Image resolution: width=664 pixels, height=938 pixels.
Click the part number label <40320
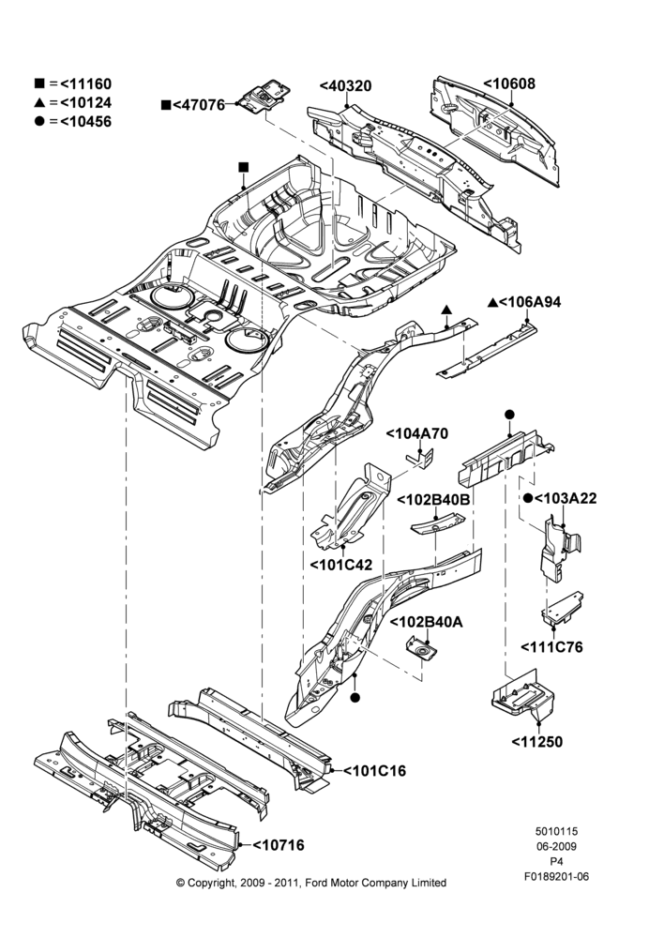[x=345, y=86]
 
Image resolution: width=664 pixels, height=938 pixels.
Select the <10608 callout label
[x=509, y=83]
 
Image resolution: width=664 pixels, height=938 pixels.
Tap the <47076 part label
[x=199, y=105]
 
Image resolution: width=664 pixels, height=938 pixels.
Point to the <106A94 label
[x=530, y=302]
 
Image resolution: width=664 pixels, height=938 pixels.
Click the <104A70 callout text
[x=417, y=433]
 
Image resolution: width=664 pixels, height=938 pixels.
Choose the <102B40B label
[x=433, y=500]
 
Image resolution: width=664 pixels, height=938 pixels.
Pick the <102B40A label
[x=427, y=622]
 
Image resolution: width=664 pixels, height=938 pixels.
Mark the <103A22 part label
[x=566, y=498]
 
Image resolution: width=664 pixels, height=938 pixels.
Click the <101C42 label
[x=341, y=565]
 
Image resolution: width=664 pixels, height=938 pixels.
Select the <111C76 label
[x=551, y=647]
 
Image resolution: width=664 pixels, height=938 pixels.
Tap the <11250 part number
[x=537, y=742]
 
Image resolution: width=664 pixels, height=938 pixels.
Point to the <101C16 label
[x=374, y=771]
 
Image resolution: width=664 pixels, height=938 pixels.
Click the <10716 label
[x=279, y=845]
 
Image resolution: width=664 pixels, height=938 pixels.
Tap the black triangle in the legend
[x=39, y=102]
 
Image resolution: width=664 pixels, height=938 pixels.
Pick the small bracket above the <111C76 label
[x=563, y=609]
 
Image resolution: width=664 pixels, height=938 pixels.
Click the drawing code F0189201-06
[x=556, y=876]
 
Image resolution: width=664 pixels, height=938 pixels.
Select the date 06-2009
[x=556, y=846]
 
